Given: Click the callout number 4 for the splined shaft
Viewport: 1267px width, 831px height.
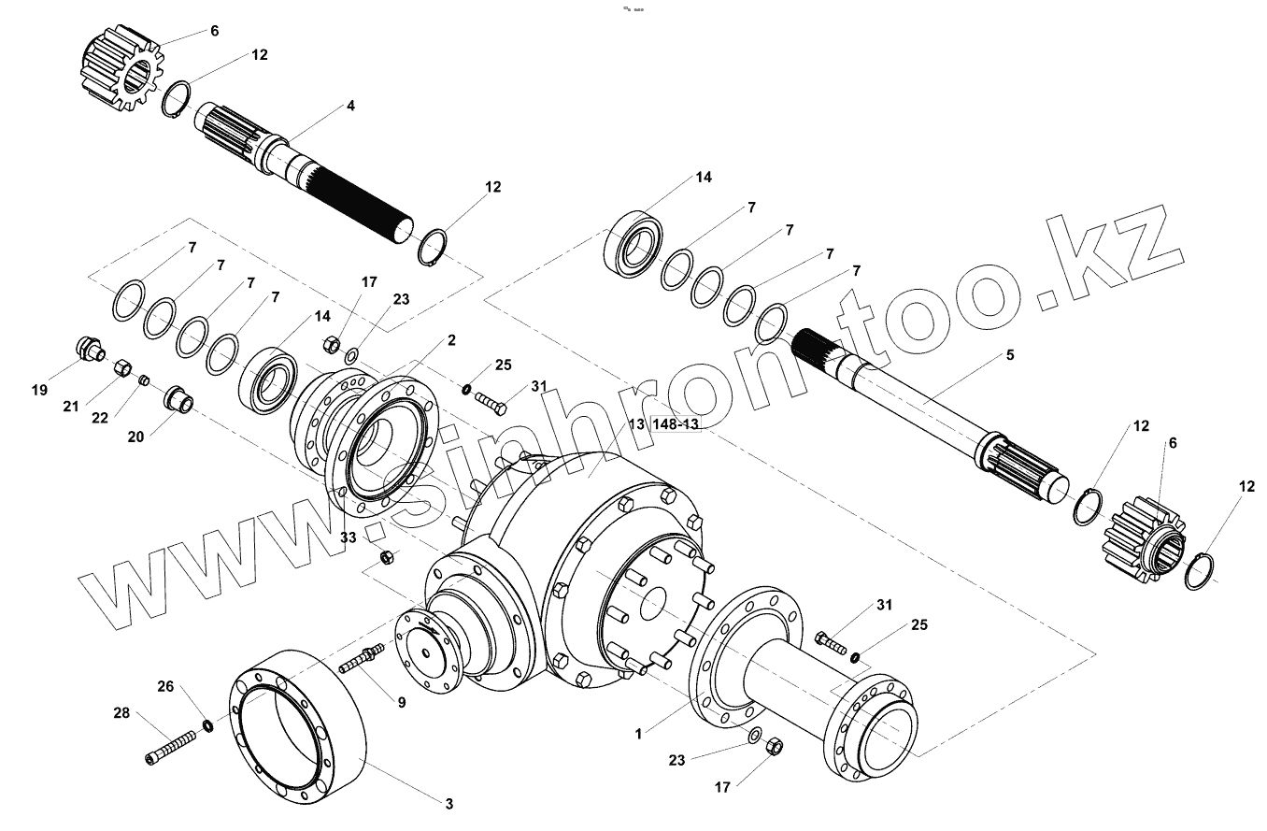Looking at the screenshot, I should click(349, 107).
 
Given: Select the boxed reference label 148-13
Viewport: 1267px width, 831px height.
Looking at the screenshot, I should click(676, 424).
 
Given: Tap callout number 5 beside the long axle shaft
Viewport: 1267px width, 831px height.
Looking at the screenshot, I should click(1009, 355).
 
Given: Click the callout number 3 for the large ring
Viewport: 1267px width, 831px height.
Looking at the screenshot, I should click(448, 804).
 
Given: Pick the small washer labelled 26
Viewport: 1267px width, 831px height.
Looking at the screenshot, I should click(208, 727).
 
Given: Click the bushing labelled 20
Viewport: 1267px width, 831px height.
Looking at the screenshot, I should click(178, 399).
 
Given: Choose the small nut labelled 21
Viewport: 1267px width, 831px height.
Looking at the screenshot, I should click(121, 369).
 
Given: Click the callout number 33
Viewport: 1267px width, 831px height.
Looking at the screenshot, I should click(349, 537).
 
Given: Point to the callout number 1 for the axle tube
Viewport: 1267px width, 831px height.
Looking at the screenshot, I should click(639, 734).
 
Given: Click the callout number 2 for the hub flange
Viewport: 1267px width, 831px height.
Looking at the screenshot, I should click(451, 340).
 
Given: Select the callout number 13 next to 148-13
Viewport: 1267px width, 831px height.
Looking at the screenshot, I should click(636, 424).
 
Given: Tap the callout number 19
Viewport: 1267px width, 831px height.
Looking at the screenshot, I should click(39, 390).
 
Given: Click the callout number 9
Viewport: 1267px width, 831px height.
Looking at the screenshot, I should click(401, 702).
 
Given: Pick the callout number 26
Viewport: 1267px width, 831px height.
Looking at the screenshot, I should click(165, 687).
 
